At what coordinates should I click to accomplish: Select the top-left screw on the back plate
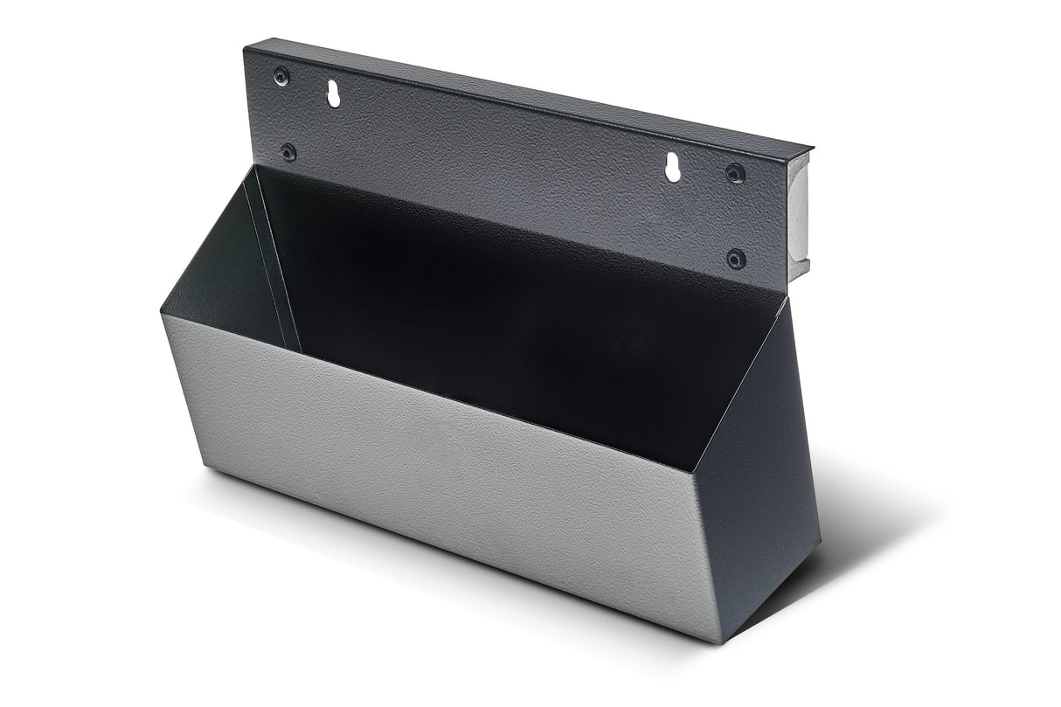pyautogui.click(x=281, y=75)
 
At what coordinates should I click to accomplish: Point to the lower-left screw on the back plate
pyautogui.click(x=288, y=152)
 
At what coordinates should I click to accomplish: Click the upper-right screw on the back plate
pyautogui.click(x=736, y=173)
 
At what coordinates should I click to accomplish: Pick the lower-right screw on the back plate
pyautogui.click(x=737, y=259)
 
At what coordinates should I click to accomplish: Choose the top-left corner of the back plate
pyautogui.click(x=245, y=46)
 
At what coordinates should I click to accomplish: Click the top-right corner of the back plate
pyautogui.click(x=811, y=149)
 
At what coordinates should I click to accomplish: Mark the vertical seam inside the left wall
pyautogui.click(x=273, y=262)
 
